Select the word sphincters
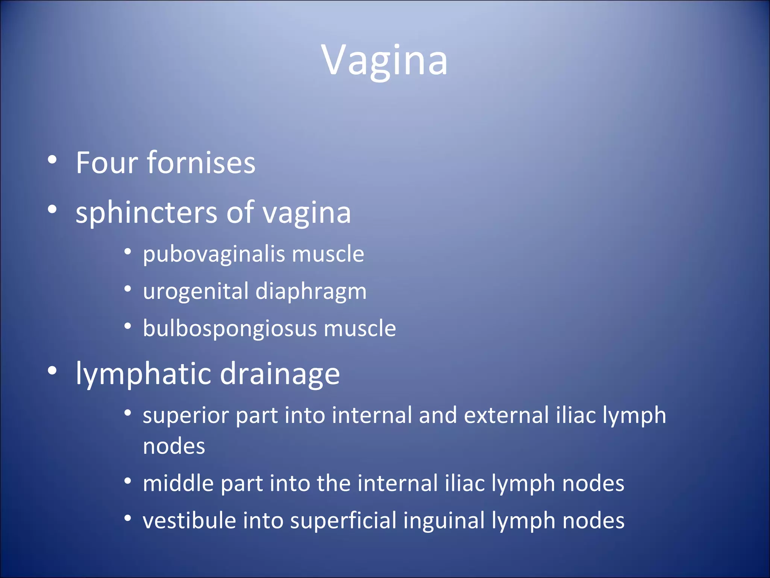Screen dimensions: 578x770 pos(146,213)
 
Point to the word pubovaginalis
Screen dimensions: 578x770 pos(214,254)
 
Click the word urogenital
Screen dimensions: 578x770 pos(196,292)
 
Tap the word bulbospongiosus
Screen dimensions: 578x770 pos(230,329)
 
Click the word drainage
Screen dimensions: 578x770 pos(280,374)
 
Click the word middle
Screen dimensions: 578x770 pos(178,483)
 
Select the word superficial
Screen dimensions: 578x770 pos(343,521)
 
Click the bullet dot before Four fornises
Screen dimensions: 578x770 pos(52,160)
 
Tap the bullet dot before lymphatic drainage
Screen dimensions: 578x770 pos(52,371)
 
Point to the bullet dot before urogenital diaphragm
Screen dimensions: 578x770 pos(128,289)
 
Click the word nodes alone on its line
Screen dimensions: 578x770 pos(174,447)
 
